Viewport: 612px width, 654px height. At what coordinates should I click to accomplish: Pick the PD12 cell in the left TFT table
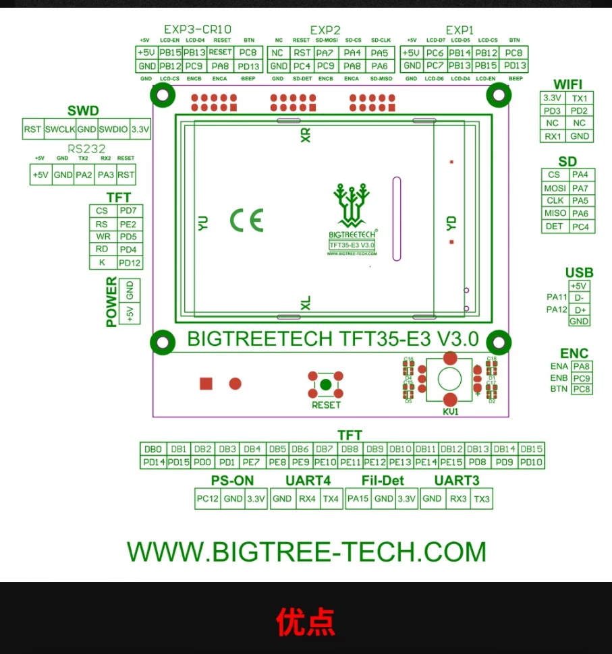click(x=130, y=263)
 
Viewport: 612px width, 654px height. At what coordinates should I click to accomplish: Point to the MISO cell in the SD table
click(x=555, y=214)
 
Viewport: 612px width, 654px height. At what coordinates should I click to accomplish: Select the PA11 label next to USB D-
click(x=557, y=297)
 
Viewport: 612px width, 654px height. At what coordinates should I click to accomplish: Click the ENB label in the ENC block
click(x=559, y=378)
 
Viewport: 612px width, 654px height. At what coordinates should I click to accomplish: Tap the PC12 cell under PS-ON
click(x=208, y=500)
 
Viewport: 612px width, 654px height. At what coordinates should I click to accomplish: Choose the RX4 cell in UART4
click(x=307, y=500)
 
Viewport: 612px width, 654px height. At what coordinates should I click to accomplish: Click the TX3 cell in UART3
click(x=482, y=500)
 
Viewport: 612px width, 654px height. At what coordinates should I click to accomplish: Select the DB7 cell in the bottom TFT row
click(x=325, y=450)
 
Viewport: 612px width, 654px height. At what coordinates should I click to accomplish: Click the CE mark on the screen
click(x=246, y=220)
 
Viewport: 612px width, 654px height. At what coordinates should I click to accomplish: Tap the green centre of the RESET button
click(x=325, y=385)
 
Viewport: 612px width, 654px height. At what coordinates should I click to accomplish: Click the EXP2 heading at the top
click(x=325, y=30)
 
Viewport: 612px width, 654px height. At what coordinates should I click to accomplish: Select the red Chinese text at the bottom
click(x=306, y=622)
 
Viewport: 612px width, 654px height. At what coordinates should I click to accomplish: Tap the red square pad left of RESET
click(x=206, y=384)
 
